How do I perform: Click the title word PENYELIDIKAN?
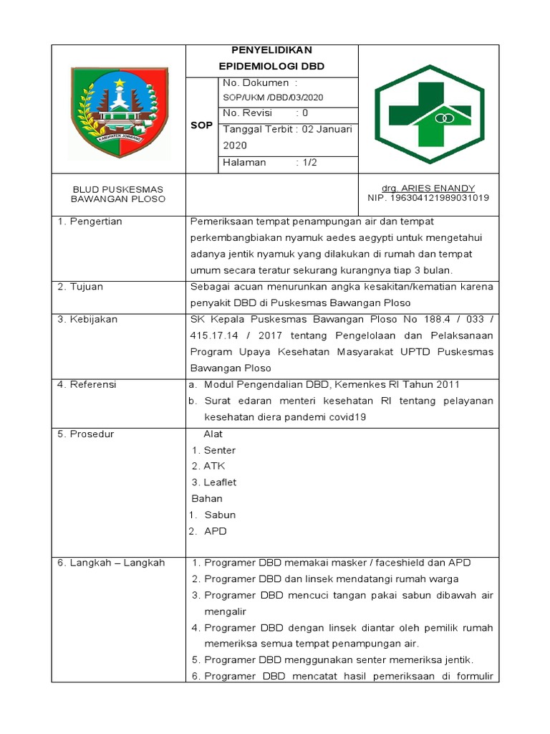point(272,50)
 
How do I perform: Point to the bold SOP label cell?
point(201,125)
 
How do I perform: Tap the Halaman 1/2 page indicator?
point(269,163)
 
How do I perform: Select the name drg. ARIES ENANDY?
point(428,189)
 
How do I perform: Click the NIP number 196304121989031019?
point(428,198)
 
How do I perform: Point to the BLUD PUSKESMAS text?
point(119,189)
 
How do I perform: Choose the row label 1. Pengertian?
point(90,221)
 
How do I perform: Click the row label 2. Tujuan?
point(81,287)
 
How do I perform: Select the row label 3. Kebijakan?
point(87,320)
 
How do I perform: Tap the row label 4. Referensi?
point(87,385)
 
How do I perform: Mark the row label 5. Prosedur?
point(86,434)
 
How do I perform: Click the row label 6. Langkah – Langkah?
point(111,563)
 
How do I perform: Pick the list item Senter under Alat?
point(219,450)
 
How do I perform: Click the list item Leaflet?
point(220,482)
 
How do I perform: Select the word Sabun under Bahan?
point(220,515)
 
